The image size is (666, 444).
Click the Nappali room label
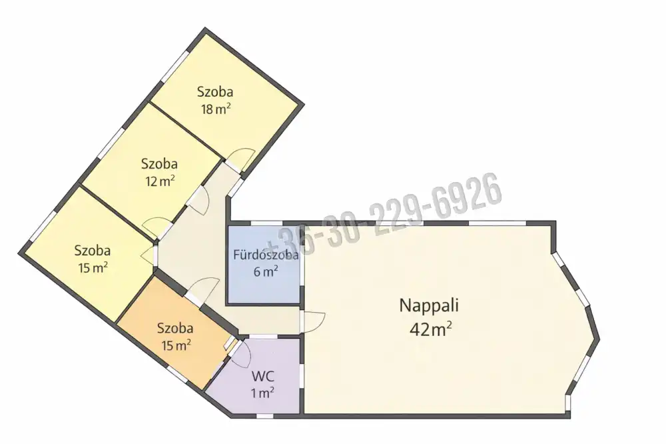[429, 305]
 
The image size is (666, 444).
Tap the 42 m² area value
[430, 329]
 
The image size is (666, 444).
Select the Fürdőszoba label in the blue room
[266, 255]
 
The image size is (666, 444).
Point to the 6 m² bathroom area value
[266, 271]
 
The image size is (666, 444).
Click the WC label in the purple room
[263, 377]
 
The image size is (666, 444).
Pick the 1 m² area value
[262, 393]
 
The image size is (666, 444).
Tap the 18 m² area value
[216, 109]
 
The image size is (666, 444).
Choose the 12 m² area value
[160, 181]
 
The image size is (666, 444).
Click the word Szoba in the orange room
[175, 328]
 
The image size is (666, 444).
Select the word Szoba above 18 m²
[215, 92]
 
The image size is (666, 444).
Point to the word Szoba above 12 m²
[159, 164]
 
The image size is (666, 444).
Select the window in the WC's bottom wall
[266, 415]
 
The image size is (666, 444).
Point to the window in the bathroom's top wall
[266, 223]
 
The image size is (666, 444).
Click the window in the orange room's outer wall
[177, 374]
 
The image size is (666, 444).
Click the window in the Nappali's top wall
[498, 223]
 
